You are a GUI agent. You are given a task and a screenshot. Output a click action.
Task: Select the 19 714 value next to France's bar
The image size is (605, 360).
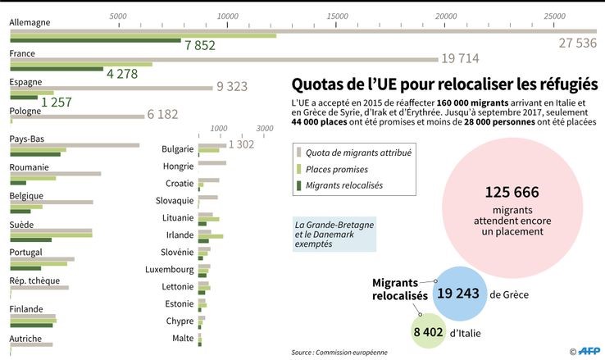point(459,59)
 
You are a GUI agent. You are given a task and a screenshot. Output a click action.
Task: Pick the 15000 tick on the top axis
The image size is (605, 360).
point(336,16)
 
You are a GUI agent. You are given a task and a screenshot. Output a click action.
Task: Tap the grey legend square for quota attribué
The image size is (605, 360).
point(299,153)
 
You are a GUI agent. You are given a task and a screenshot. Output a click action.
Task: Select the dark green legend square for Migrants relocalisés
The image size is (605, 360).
point(299,185)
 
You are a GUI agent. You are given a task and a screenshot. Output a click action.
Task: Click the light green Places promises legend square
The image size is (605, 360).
point(299,169)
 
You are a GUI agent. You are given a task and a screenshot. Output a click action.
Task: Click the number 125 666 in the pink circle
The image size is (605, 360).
point(512,192)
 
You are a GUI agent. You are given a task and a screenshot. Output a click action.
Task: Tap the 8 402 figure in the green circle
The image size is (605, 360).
point(428,332)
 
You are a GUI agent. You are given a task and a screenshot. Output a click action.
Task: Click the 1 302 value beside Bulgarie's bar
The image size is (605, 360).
point(242,144)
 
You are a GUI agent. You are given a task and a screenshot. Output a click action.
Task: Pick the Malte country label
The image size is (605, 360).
point(183,338)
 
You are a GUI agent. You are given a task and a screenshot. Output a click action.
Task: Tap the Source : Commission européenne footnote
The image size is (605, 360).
point(339,353)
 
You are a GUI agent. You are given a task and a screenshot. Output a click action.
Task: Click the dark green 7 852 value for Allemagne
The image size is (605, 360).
point(200,45)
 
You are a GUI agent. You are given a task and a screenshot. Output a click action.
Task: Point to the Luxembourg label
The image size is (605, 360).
point(170,269)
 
